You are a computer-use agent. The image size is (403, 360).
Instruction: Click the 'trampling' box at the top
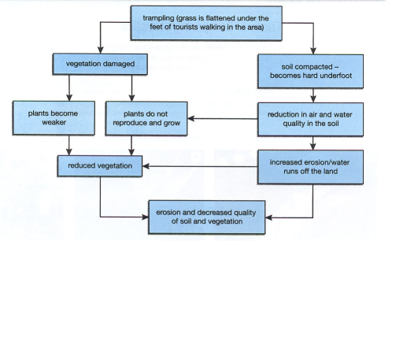coord(207,22)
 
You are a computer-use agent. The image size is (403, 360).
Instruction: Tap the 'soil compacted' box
coord(312,71)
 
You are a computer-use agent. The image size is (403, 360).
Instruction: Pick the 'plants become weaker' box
coord(43,117)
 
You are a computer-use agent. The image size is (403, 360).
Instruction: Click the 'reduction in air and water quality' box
coord(312,119)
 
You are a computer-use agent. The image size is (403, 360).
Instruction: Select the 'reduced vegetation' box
coord(99,165)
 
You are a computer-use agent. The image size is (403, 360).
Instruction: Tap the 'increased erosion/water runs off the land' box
coord(312,165)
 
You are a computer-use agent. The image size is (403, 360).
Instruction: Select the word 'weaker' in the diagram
coord(43,123)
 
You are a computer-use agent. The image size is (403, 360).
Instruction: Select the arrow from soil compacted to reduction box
coord(312,97)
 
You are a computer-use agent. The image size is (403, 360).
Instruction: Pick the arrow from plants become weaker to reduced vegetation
coord(71,145)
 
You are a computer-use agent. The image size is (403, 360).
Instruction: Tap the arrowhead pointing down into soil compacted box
coord(313,50)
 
